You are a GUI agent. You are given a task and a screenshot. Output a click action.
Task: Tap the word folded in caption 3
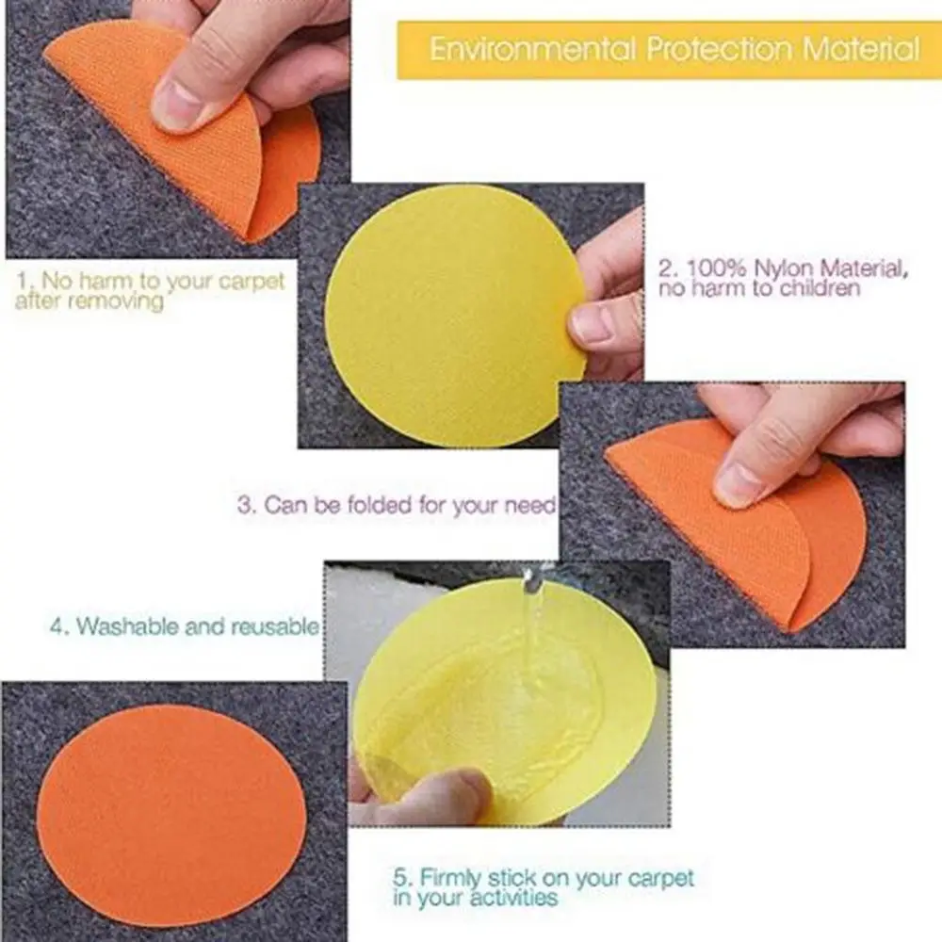384,504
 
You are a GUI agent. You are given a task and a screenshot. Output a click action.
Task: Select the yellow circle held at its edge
452,316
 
